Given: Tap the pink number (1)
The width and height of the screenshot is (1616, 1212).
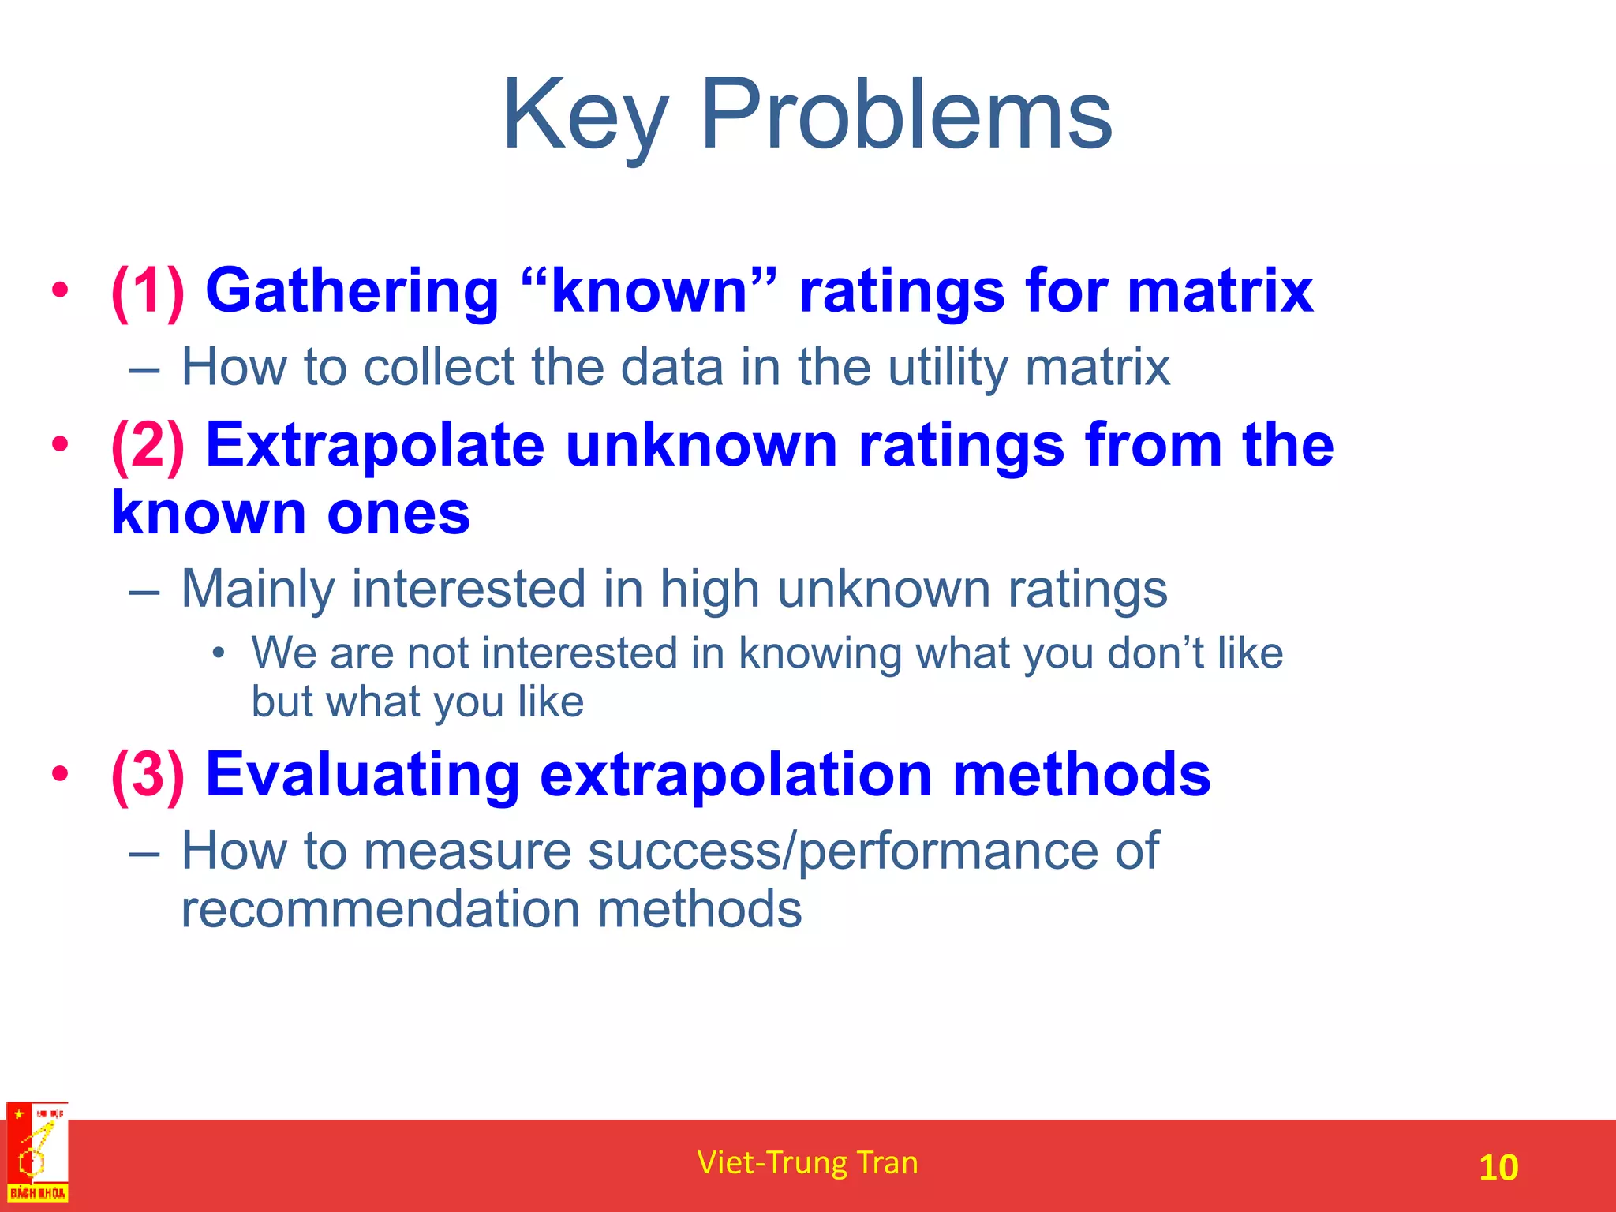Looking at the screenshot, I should click(x=148, y=291).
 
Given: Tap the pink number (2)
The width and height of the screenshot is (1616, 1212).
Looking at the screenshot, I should click(x=148, y=446).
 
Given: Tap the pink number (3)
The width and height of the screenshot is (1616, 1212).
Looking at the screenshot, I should click(x=148, y=775).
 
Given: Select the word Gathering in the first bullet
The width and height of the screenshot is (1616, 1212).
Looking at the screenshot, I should click(x=352, y=293).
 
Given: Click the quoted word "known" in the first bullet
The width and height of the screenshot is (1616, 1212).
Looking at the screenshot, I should click(x=649, y=291).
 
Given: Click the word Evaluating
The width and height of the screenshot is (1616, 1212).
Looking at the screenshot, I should click(x=362, y=775).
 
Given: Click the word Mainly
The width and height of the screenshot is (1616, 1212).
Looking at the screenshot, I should click(x=257, y=590).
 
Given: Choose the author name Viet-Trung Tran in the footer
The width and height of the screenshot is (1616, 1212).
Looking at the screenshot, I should click(x=807, y=1163).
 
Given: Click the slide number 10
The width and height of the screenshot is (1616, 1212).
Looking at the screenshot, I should click(x=1498, y=1168).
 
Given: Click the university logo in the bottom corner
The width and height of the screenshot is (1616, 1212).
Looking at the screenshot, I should click(x=37, y=1153).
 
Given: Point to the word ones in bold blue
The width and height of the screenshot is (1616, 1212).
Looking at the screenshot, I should click(x=398, y=514).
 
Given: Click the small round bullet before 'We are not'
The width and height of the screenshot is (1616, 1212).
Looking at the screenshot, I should click(x=219, y=653).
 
